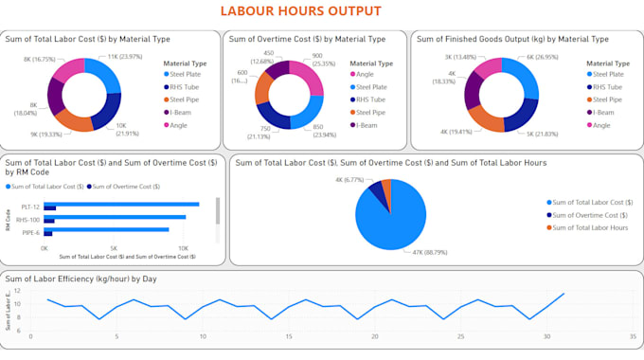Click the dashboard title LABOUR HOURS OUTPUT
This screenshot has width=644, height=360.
300,11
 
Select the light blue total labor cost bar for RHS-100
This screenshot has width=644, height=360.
115,217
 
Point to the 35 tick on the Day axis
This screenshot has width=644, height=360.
632,336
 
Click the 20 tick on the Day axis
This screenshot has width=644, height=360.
374,336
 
